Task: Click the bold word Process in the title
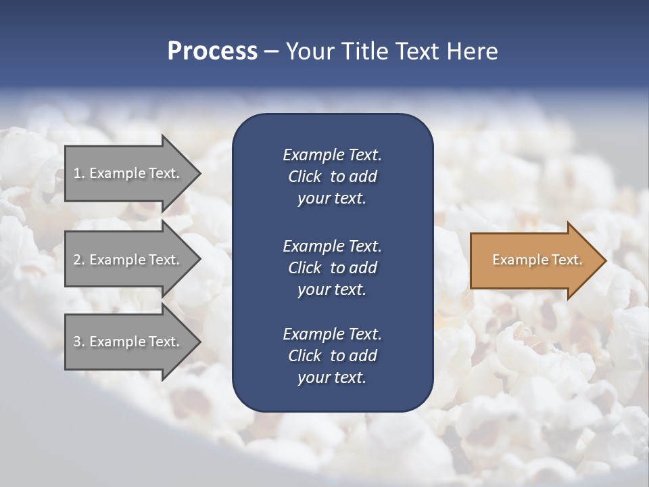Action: tap(212, 51)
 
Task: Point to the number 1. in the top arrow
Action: tap(79, 173)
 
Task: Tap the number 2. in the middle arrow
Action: tap(79, 260)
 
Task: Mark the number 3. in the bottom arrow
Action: tap(79, 342)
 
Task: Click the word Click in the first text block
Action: tap(305, 177)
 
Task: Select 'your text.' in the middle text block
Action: tap(332, 289)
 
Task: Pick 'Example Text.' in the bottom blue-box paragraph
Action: tap(332, 334)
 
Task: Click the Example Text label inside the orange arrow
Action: tap(537, 260)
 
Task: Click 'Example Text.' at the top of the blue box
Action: tap(332, 155)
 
